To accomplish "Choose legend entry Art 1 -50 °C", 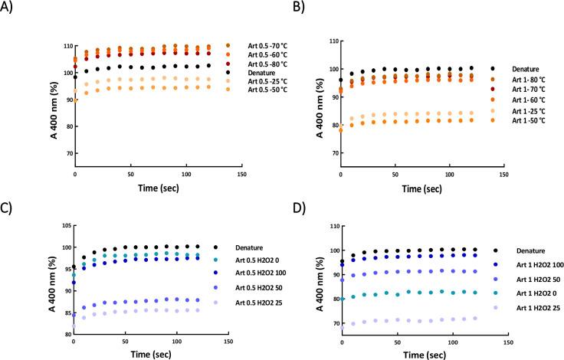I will click(x=530, y=120).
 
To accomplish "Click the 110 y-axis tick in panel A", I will click(x=61, y=47).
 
